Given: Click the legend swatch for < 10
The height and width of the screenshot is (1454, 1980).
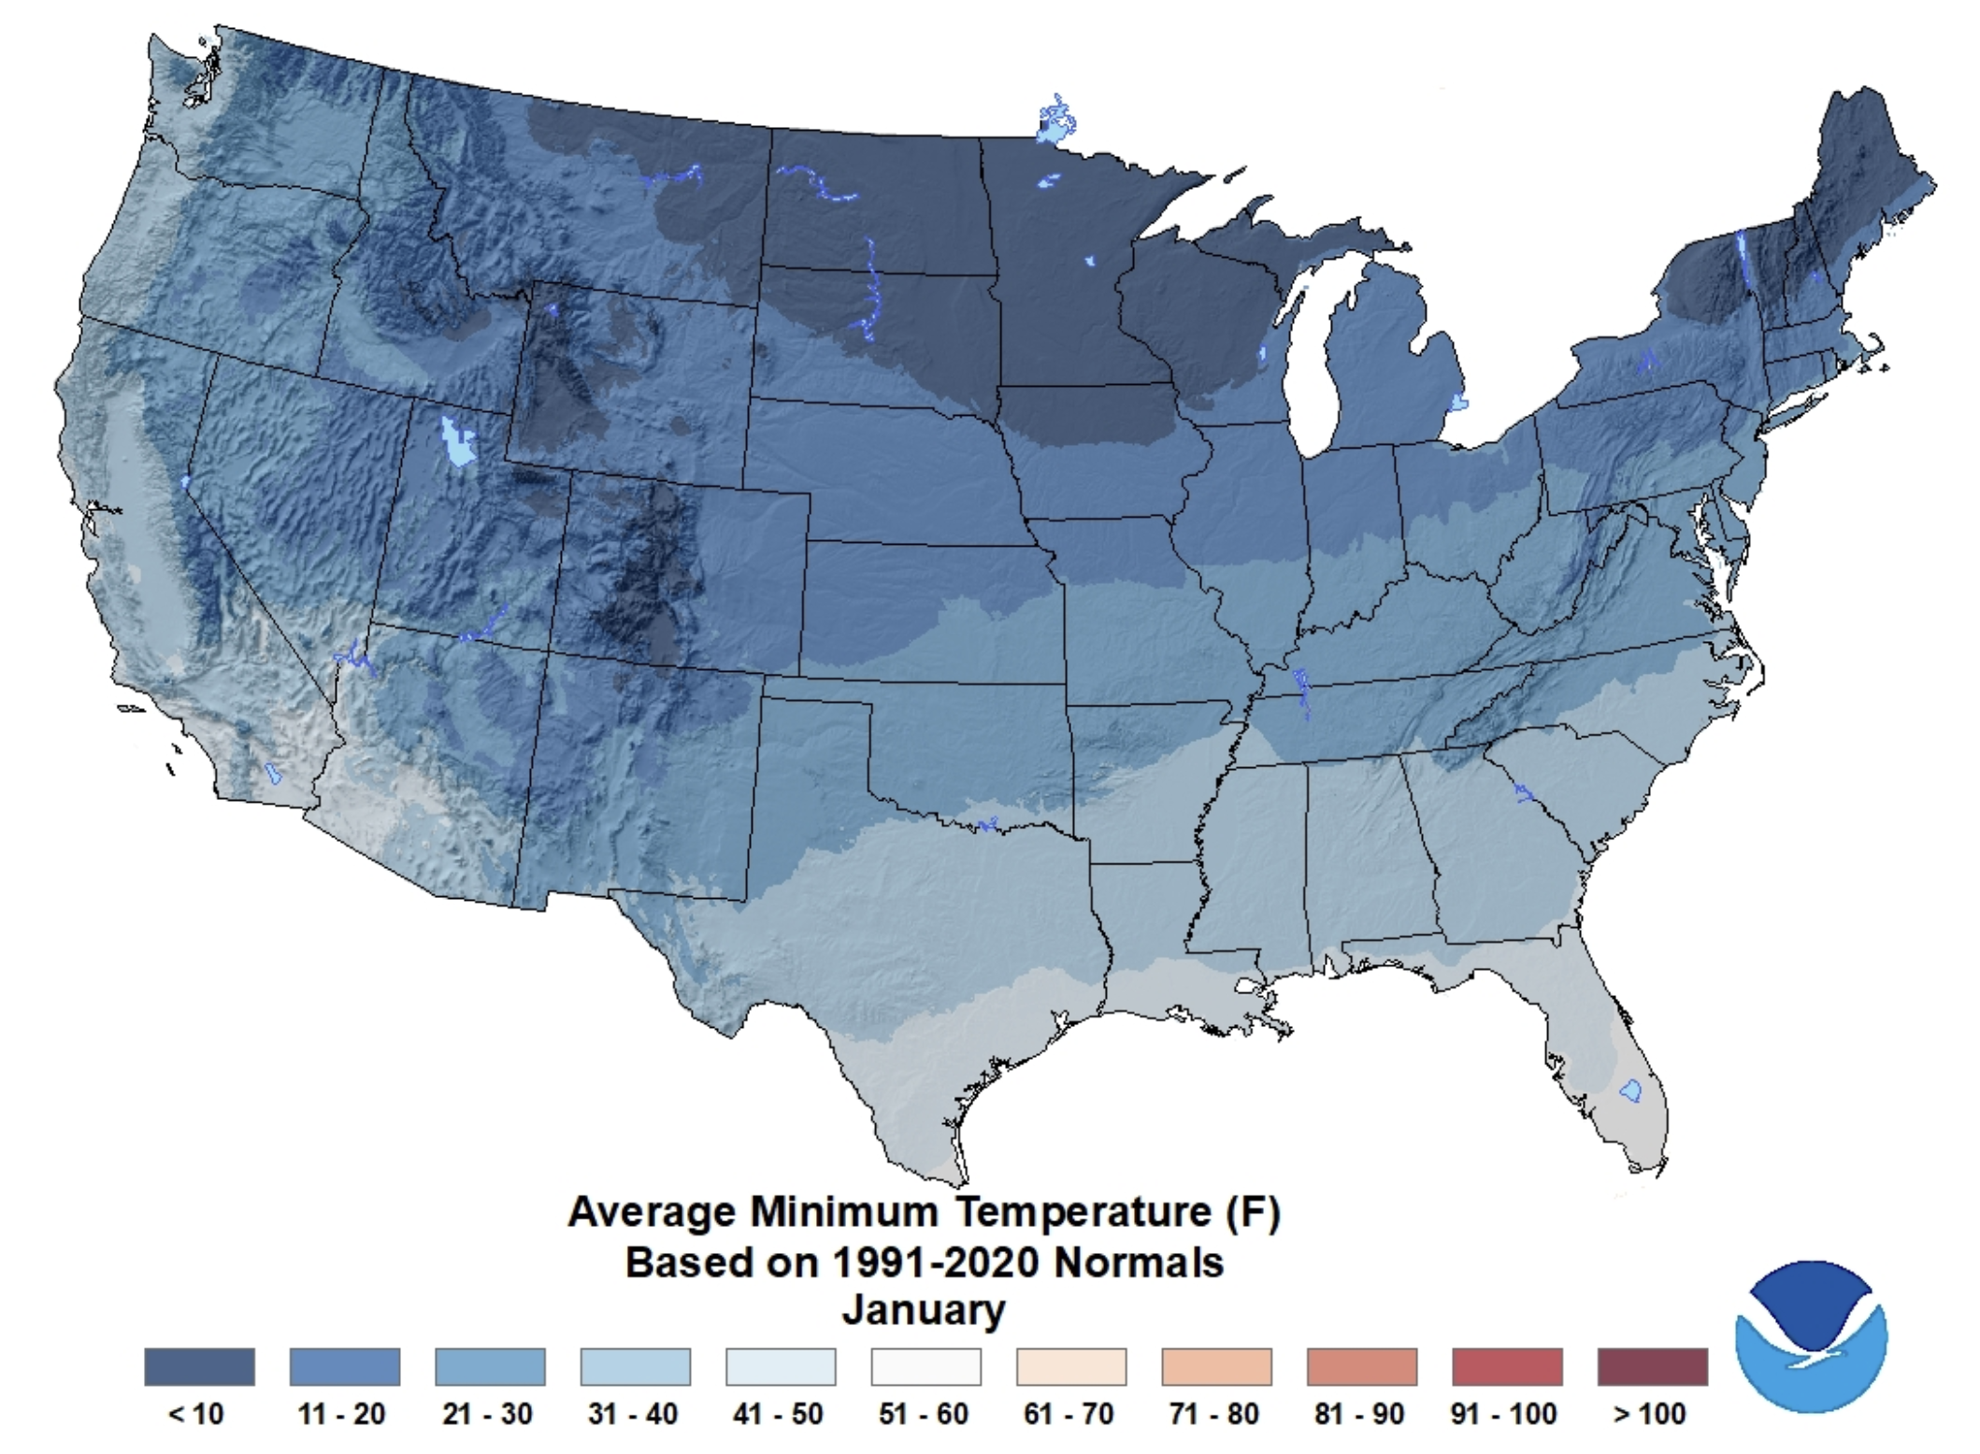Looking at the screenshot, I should click(199, 1366).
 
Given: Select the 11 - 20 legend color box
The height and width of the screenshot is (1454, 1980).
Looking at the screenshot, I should click(345, 1366).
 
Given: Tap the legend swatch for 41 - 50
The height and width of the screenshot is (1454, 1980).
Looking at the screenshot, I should click(781, 1366).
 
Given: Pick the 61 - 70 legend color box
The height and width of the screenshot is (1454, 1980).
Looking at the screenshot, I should click(1071, 1366).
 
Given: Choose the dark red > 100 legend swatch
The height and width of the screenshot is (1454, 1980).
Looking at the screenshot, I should click(1652, 1366).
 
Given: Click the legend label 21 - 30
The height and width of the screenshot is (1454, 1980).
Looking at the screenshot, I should click(487, 1414).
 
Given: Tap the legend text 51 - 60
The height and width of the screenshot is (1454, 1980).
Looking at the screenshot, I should click(923, 1414).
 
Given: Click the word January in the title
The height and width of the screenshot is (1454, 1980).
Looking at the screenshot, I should click(924, 1309).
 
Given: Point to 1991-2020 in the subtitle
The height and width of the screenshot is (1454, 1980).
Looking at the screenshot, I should click(936, 1262).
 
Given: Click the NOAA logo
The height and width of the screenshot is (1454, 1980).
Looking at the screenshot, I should click(1811, 1335).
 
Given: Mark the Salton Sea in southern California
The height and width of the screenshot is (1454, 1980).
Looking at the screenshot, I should click(273, 774).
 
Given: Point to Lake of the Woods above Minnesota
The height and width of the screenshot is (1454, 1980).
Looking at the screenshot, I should click(1056, 122).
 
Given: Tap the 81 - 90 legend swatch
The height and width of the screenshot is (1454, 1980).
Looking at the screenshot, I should click(1362, 1366).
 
